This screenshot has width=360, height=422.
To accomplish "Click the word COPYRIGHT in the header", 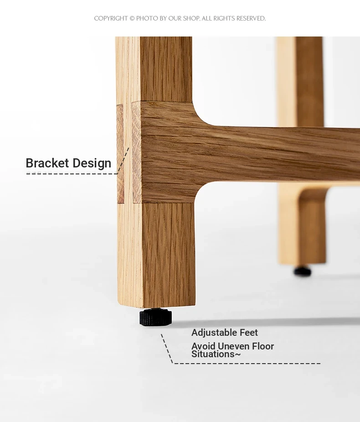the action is (111, 18).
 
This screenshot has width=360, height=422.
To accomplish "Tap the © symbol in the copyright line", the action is (132, 18).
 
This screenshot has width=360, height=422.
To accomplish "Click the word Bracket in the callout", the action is (47, 163).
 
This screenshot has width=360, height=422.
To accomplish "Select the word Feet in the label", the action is (249, 333).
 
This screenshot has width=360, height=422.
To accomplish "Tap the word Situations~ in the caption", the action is (216, 354).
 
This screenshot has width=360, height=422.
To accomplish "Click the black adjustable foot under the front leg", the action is (155, 317).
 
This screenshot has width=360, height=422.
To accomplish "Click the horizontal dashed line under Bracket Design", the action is (72, 173).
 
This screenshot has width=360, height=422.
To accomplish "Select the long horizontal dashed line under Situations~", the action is (247, 363).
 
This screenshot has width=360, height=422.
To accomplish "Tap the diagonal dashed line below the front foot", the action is (167, 349).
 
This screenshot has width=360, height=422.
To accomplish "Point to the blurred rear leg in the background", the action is (301, 151).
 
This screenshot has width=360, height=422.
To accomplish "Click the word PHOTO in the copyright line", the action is (147, 18).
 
